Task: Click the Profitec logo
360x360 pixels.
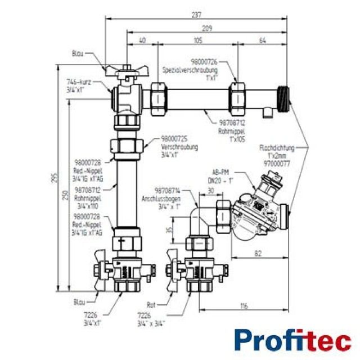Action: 292,340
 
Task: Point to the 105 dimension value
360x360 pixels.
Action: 197,40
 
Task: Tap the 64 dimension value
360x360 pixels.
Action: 263,40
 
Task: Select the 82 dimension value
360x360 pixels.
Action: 258,254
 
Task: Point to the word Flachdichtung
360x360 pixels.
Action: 274,148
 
